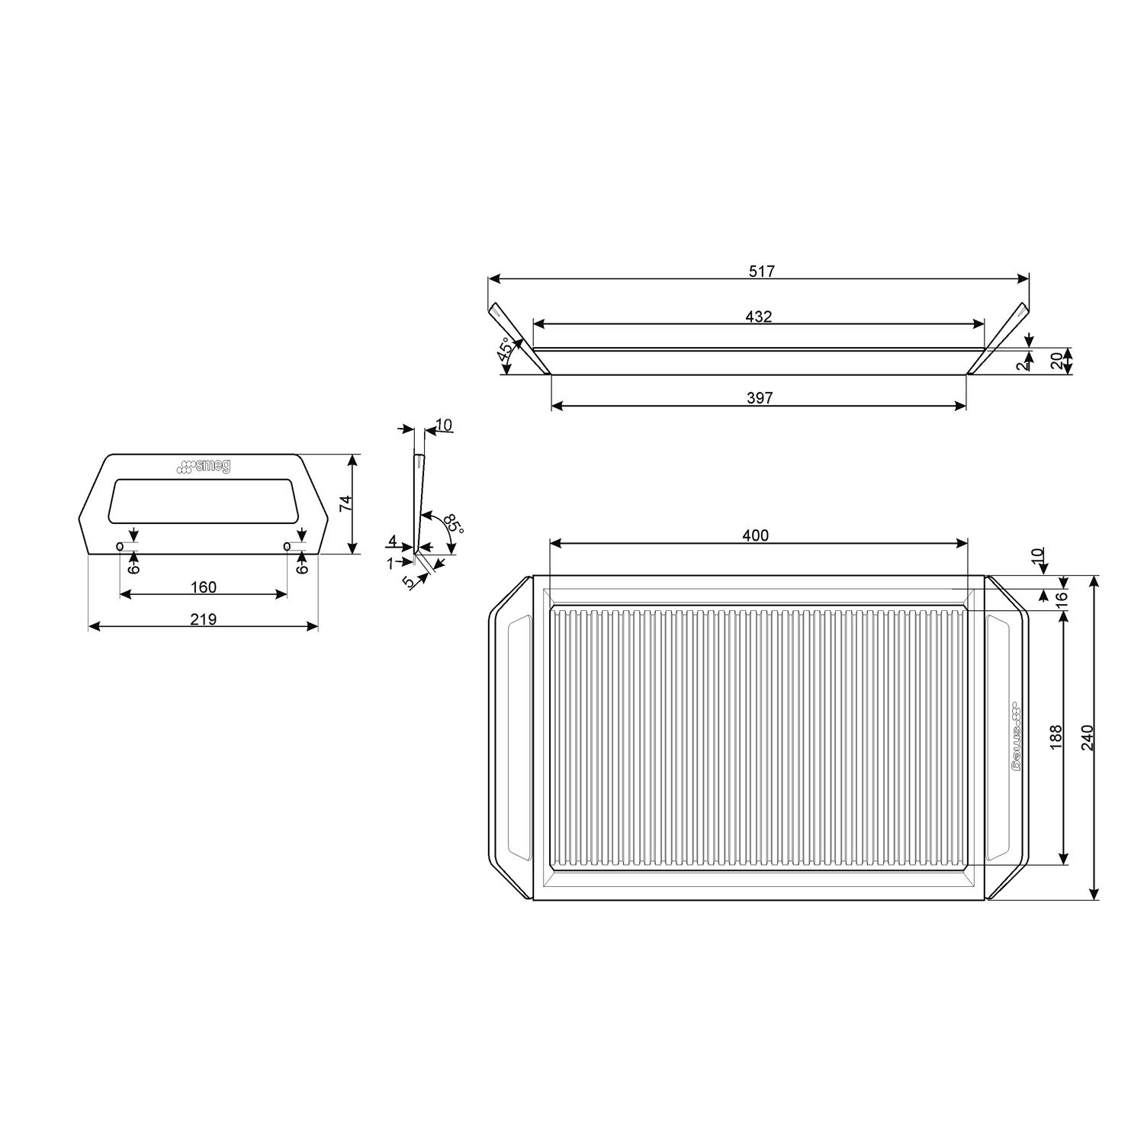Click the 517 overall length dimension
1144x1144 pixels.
coord(761,272)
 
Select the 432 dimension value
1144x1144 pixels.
coord(759,317)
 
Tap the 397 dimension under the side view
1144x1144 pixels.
coord(760,398)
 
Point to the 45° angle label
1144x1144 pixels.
coord(505,351)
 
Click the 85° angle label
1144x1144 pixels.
coord(452,525)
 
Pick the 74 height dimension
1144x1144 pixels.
coord(346,504)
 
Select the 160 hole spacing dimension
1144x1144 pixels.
coord(204,587)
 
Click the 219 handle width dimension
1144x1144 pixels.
coord(204,619)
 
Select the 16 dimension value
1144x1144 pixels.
coord(1061,599)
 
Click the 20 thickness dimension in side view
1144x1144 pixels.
coord(1057,362)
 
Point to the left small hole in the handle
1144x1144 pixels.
coord(120,546)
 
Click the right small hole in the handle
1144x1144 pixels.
coord(287,546)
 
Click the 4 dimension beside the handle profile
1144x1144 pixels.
coord(392,541)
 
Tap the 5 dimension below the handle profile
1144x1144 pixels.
coord(409,582)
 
